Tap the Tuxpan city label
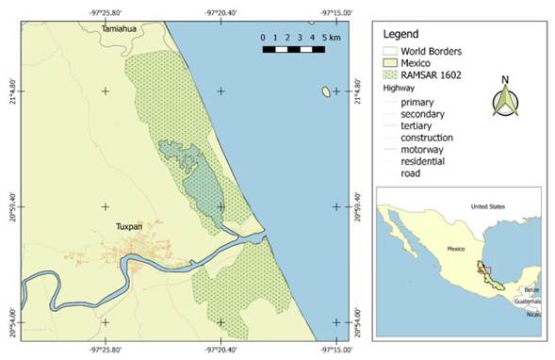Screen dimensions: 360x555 [x=129, y=227]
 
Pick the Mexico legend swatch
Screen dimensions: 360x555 [x=389, y=61]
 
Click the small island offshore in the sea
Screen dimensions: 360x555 [x=326, y=91]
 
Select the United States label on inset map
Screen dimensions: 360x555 [x=489, y=205]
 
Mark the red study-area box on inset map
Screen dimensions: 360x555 [x=485, y=270]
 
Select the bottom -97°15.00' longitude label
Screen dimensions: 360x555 [x=336, y=349]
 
